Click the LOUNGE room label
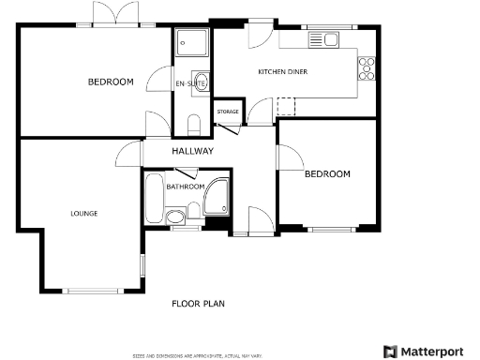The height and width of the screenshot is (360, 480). coord(83,213)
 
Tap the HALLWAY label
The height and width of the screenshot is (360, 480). coord(192,151)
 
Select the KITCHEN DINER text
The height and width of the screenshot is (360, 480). coord(283,71)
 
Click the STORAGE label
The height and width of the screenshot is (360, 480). coord(228,112)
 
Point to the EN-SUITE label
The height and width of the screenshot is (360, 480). coord(190,84)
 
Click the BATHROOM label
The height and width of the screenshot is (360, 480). coord(185,187)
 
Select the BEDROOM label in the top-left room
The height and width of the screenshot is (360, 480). coord(111,82)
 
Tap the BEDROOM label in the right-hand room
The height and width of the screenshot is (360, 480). coord(327,173)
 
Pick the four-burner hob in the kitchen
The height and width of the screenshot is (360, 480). coord(367,67)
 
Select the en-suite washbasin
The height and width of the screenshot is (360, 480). coord(200,79)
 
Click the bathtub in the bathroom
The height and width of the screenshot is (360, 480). coord(153,197)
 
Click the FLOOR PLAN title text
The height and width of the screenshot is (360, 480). coord(198,303)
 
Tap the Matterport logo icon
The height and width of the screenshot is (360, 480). coord(390,352)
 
